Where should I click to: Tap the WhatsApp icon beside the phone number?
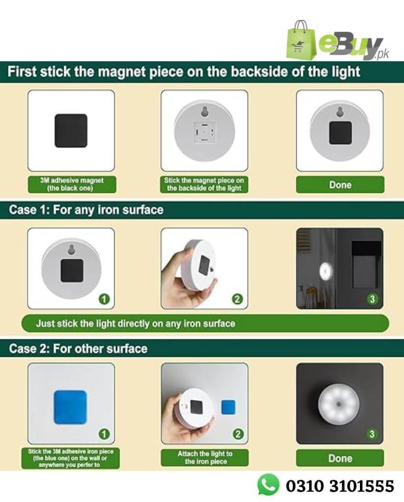coord(268,485)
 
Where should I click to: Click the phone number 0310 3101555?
coord(340,486)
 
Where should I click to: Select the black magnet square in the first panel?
coord(71,130)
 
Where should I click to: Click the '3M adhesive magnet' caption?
coord(71,184)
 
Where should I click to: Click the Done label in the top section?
coord(340,185)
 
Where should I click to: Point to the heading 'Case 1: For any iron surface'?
coord(86,210)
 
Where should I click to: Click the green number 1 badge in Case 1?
coord(104,300)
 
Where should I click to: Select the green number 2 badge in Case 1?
coord(237,300)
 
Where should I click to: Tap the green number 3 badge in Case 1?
coord(372,300)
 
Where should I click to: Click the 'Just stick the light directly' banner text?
coord(136,324)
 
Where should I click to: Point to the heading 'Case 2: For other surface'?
coord(78,349)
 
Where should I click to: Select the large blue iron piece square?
coord(71,407)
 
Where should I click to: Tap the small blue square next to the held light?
coord(228,407)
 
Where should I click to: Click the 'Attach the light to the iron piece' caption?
coord(205,457)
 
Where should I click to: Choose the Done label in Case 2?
coord(340,458)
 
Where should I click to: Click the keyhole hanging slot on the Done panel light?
coord(340,113)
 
